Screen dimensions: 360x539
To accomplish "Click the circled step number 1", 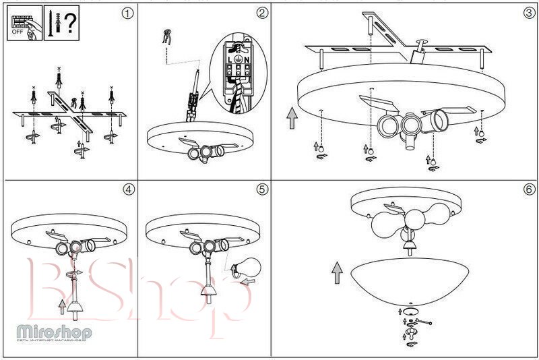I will coord(129,13).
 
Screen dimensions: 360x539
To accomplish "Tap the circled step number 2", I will coord(262,13).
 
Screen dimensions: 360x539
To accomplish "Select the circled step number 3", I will coord(530,13).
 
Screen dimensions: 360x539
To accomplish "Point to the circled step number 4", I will coord(129,189).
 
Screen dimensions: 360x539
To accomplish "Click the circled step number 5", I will coord(262,189).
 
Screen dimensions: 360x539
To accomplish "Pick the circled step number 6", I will coord(530,189).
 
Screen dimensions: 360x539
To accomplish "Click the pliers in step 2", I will coord(166,38).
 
